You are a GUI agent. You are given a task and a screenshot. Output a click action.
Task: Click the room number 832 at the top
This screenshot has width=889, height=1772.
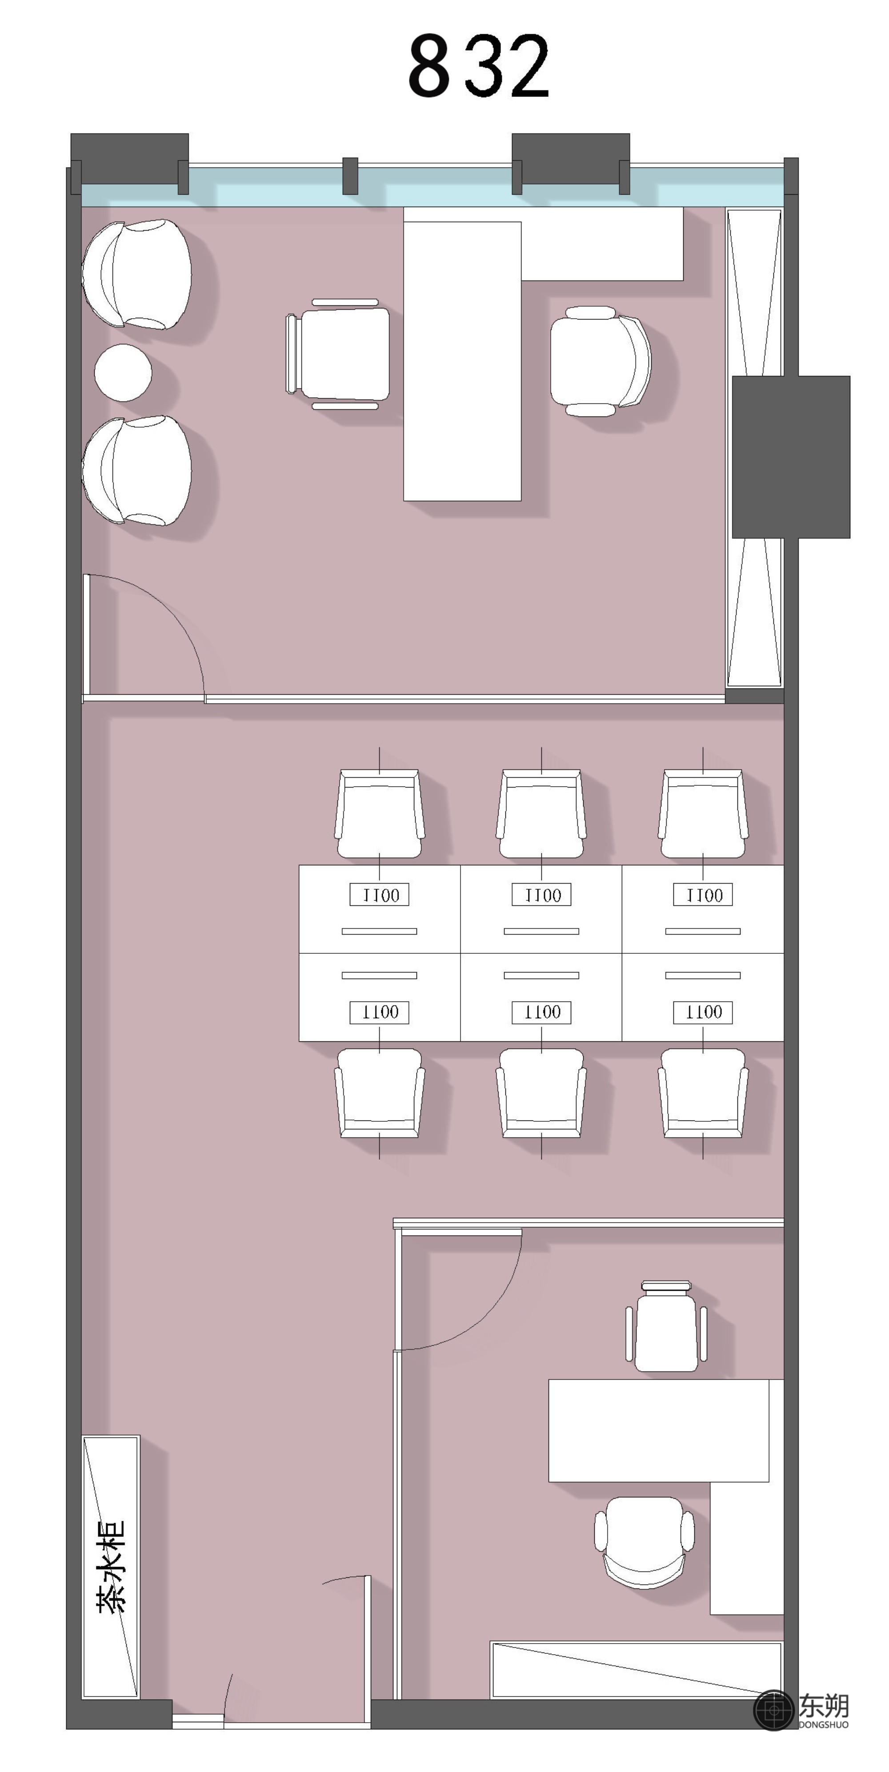tap(478, 66)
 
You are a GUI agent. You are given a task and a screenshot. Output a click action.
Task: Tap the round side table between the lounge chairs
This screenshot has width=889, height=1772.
tap(123, 372)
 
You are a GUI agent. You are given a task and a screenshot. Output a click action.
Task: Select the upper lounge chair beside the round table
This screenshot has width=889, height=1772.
tap(137, 275)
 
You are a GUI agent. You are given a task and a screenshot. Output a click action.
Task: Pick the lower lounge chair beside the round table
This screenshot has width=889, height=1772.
tap(137, 471)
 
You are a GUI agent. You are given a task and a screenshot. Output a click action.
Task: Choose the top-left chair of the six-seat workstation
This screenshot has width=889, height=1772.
tap(380, 813)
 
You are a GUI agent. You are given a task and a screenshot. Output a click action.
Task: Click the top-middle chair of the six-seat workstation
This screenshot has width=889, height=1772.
tap(541, 813)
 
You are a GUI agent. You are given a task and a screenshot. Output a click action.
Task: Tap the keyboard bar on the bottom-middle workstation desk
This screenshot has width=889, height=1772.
tap(541, 975)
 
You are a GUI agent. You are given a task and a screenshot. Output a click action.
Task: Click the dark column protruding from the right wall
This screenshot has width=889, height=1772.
tap(791, 457)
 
